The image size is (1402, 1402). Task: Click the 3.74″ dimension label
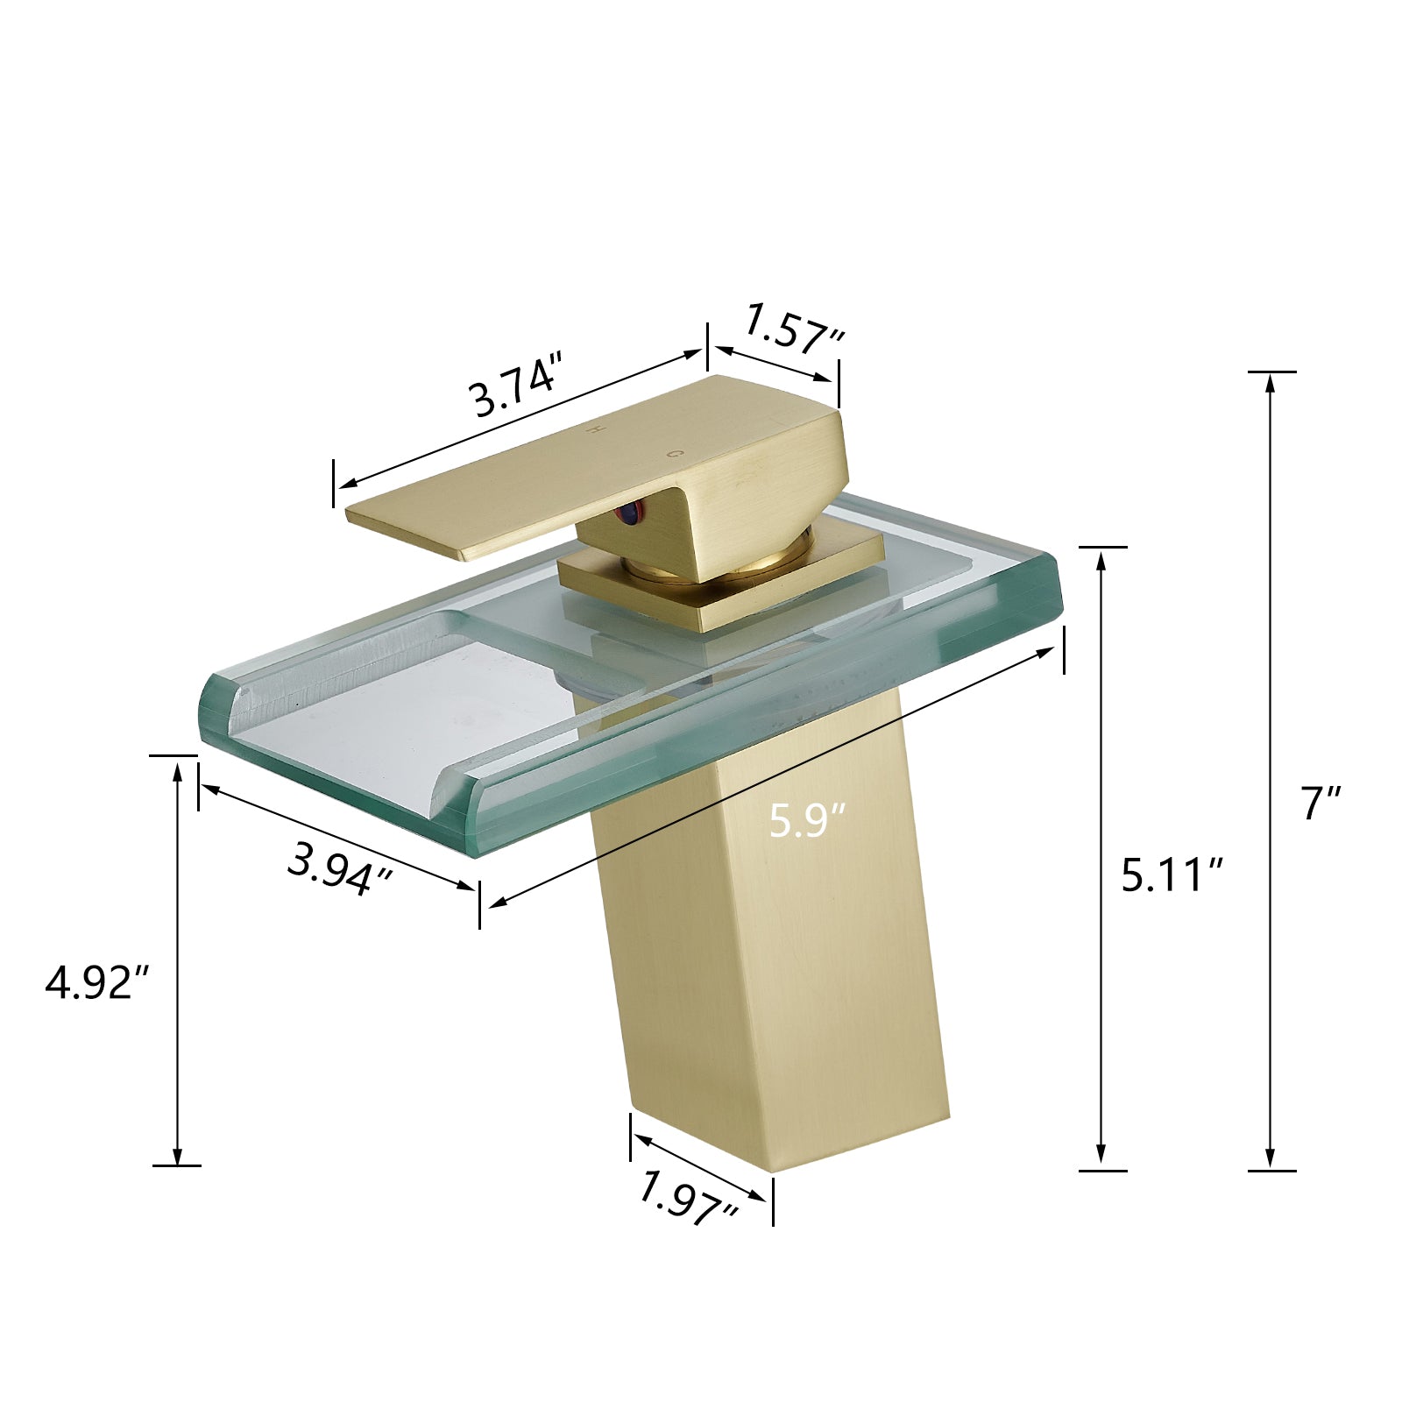pos(516,386)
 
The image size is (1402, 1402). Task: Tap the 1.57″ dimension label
pos(794,330)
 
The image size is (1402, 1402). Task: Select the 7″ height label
pos(1321,803)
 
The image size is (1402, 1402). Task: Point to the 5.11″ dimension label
pos(1172,874)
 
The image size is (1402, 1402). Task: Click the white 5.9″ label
pos(807,821)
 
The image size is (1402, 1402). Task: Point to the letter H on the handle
pos(595,428)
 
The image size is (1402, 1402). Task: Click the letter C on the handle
pos(673,454)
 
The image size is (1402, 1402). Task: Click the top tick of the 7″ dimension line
pos(1271,372)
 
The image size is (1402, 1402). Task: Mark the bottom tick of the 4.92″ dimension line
pos(177,1165)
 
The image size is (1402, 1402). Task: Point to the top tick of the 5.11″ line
pos(1101,547)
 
